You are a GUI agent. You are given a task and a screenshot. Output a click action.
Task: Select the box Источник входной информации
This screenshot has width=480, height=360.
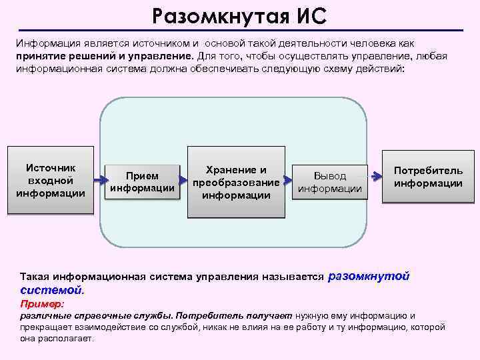point(51,180)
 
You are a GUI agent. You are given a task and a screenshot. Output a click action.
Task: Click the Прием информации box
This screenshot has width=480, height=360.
point(143,181)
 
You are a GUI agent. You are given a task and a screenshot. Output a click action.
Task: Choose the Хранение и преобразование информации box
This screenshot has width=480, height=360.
point(236,182)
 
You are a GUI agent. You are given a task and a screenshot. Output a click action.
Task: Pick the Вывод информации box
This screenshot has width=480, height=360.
point(330,182)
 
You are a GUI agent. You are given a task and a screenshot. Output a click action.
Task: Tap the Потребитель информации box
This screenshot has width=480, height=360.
point(428,177)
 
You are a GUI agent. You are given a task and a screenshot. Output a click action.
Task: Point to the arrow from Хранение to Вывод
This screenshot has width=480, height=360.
point(288,180)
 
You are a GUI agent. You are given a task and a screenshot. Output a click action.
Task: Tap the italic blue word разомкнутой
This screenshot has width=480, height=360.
point(369,275)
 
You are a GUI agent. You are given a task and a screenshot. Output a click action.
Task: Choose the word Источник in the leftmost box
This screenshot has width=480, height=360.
point(51,167)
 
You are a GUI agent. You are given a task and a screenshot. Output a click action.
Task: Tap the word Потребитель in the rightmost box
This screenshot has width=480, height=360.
point(428,171)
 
